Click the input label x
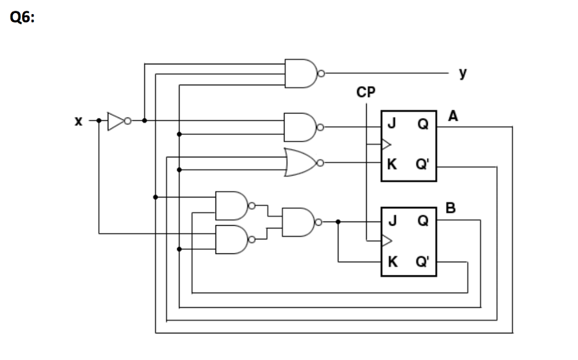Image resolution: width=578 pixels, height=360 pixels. pos(79,121)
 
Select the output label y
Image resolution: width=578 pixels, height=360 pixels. pos(462,73)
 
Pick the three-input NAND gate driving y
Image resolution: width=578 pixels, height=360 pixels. pos(301,73)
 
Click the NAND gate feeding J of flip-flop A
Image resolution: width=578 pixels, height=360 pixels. pos(301,128)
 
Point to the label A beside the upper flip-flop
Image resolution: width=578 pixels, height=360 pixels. pos(453,117)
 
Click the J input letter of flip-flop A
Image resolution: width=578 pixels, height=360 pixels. pos(391,125)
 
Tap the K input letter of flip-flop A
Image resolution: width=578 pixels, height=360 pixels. pos(391,165)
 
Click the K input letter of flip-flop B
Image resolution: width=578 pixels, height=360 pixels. pos(391,262)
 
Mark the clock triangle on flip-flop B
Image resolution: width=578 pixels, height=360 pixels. pos(386,242)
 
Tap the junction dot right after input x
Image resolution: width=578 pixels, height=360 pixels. pos(99,121)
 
